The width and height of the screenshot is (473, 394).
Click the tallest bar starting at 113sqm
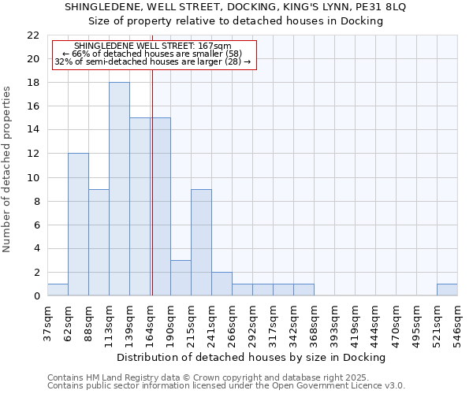coord(119,189)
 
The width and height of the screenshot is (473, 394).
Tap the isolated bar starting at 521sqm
coord(447,290)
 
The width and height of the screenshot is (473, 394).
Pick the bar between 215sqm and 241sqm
coord(201,243)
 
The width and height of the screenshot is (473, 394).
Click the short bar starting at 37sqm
coord(58,290)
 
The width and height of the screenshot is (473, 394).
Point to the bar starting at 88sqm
coord(99,243)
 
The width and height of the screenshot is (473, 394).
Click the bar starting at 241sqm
coord(222,284)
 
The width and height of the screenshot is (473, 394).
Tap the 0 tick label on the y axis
coord(36,296)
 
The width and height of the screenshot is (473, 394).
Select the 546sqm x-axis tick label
coord(457,322)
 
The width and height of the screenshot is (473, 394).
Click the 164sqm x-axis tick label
coord(150,322)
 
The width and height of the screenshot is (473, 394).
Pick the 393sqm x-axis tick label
coord(334,322)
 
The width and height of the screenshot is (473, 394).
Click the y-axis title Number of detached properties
coord(8,169)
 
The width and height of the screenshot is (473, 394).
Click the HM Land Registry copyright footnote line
coord(208,377)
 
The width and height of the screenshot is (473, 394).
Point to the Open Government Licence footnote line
coord(226,386)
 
